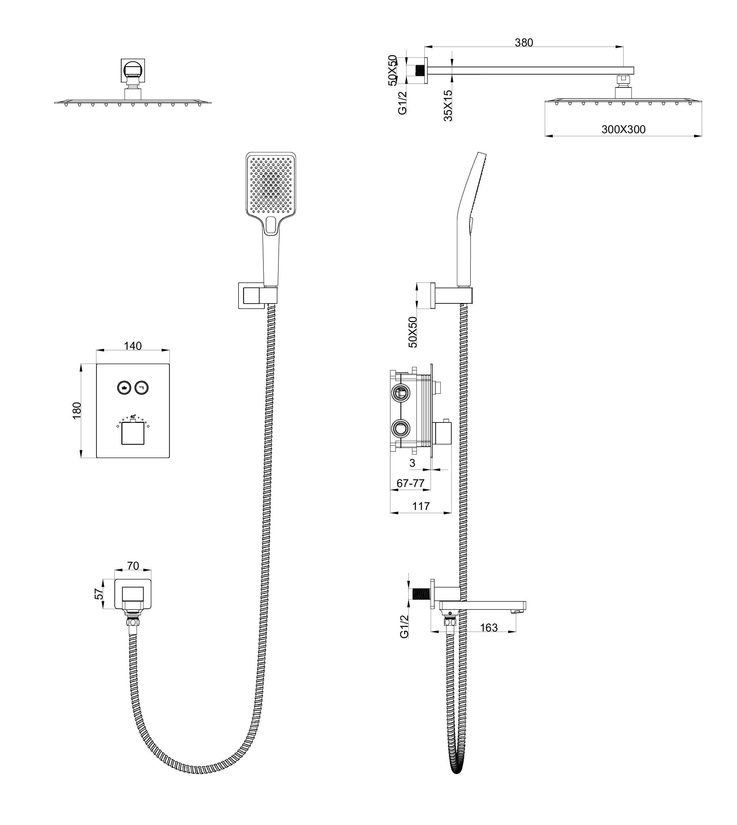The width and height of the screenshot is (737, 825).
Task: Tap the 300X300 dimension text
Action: click(x=623, y=130)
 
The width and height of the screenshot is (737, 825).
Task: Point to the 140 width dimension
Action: click(x=133, y=346)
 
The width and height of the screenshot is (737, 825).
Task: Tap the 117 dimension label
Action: click(x=421, y=506)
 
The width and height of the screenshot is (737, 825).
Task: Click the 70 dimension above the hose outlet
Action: click(x=133, y=566)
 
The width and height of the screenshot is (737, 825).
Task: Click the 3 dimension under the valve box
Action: click(x=412, y=463)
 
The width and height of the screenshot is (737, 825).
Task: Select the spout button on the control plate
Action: click(x=142, y=388)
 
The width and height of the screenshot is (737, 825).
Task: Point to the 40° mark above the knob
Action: click(x=133, y=416)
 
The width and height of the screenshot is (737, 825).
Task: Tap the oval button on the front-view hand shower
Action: click(x=271, y=225)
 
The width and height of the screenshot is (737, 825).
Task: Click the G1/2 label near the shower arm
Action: click(x=402, y=103)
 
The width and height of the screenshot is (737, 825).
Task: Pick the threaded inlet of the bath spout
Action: click(x=421, y=594)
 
